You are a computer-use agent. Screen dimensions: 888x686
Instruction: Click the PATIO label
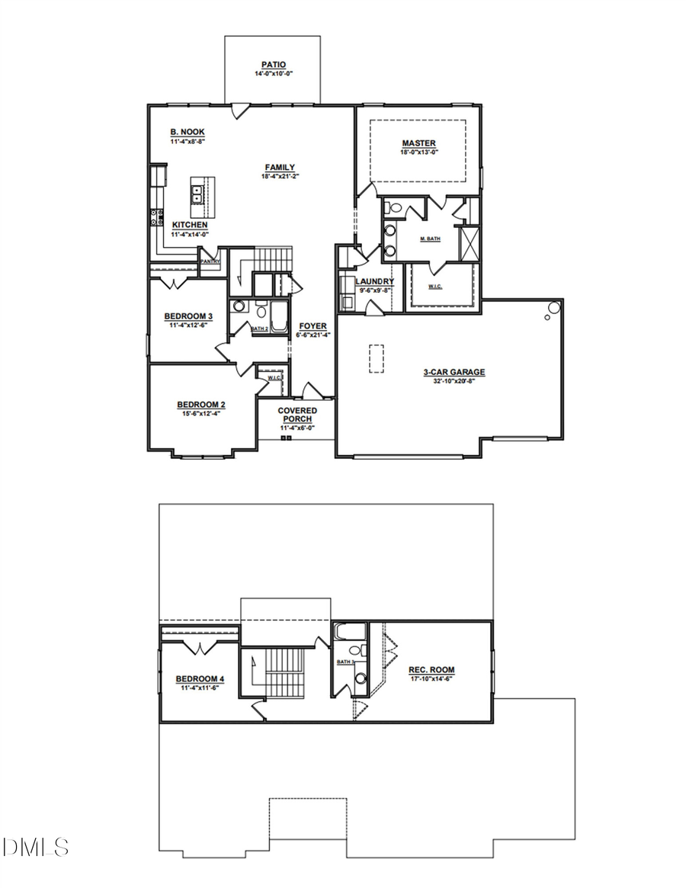point(273,66)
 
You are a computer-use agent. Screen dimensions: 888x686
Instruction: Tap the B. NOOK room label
point(187,132)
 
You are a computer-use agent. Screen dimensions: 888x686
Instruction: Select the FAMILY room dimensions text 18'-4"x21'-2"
point(280,177)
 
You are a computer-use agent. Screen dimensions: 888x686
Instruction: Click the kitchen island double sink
point(197,193)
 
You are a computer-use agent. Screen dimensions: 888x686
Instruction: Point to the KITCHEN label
point(190,225)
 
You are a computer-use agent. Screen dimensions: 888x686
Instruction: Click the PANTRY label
point(210,261)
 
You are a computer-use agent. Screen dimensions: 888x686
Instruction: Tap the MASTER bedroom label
point(418,143)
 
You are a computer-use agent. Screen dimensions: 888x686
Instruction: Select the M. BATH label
point(431,239)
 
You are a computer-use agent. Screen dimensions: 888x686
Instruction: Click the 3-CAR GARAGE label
point(454,372)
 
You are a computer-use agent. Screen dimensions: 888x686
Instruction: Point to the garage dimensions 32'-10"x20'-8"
point(454,380)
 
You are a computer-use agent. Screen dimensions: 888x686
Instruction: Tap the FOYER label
point(313,326)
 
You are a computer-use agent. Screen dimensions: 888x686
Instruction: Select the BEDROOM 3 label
point(188,316)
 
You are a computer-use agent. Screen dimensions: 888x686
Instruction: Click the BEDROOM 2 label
point(200,405)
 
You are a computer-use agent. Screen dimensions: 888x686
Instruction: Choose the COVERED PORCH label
point(297,415)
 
